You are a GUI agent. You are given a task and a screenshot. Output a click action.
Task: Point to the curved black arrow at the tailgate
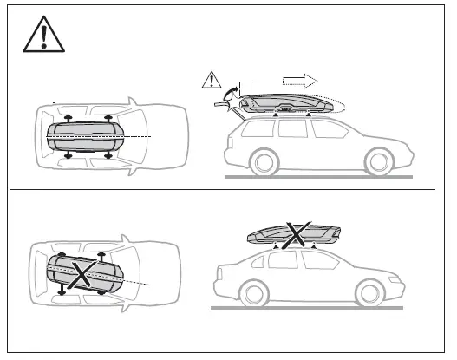pos(232,91)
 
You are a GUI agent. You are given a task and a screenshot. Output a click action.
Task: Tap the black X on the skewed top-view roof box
pos(82,274)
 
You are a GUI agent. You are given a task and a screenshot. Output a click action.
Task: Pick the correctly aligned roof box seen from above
pos(84,137)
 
